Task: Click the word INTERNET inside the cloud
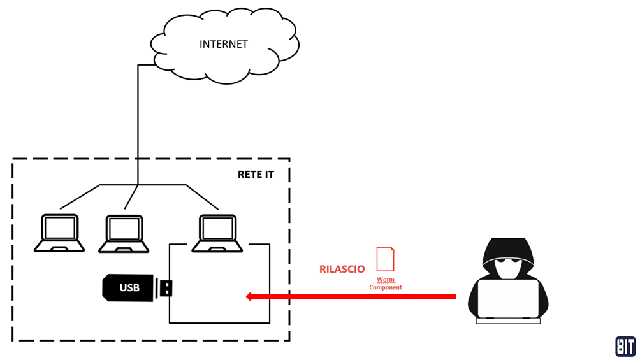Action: [223, 44]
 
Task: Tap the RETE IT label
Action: [256, 175]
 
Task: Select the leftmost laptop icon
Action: [60, 233]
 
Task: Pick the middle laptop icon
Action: [124, 234]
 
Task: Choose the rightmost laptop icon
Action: [218, 234]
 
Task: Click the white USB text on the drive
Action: [129, 288]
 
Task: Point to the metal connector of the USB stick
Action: [164, 288]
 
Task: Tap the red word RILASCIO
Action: [342, 270]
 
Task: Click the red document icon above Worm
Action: [385, 259]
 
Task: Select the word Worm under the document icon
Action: [386, 280]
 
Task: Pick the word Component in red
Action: [386, 287]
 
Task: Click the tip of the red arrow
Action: [248, 296]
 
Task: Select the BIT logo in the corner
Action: [625, 346]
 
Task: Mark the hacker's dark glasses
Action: [508, 260]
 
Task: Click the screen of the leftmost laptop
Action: [60, 228]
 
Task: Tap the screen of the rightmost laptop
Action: [218, 228]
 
